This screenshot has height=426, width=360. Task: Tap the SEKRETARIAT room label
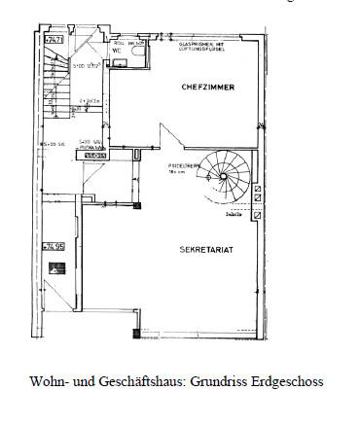pyautogui.click(x=204, y=249)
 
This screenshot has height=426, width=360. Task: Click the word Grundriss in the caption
pyautogui.click(x=213, y=381)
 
